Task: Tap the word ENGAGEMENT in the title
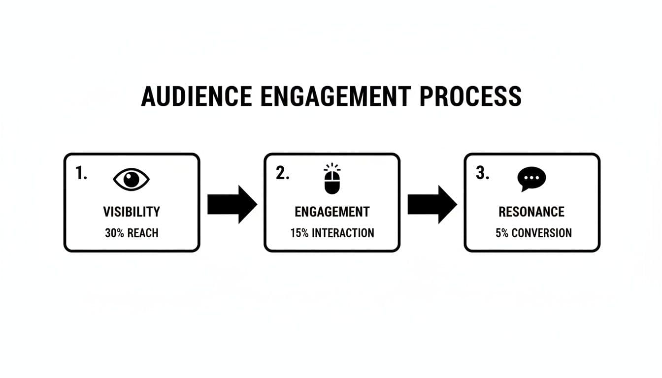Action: coord(334,96)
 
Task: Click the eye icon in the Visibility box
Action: coord(131,179)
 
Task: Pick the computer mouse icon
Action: coord(331,179)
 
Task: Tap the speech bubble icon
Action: coord(531,179)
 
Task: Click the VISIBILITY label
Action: coord(132,212)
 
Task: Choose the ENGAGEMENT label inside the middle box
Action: coord(332,212)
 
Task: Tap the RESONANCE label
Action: coord(531,212)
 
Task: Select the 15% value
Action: coord(299,233)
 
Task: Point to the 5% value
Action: coord(501,233)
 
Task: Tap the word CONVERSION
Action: coord(541,233)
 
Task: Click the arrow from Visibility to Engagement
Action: coord(232,204)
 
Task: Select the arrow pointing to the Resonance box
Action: coord(432,204)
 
